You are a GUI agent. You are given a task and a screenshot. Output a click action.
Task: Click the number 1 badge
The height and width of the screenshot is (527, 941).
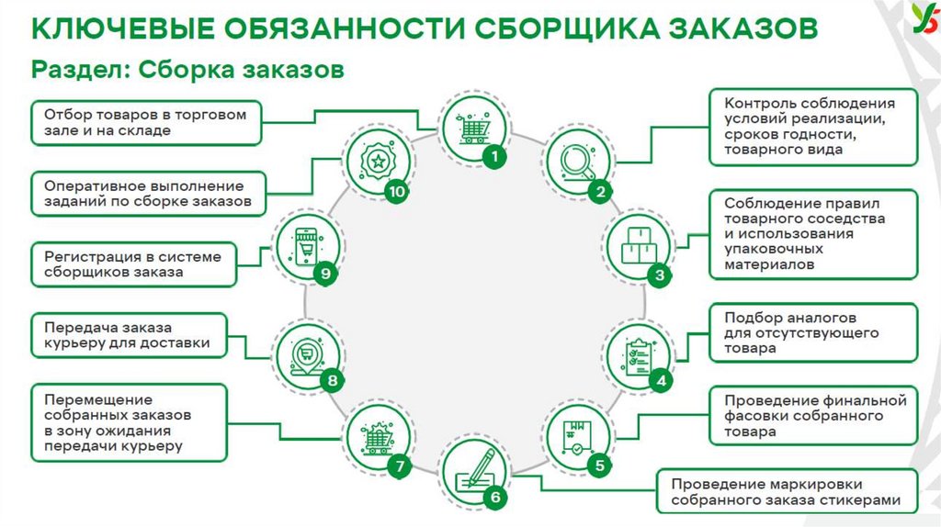(x=495, y=156)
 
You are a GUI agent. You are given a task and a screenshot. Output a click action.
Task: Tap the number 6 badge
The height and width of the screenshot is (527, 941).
(x=494, y=499)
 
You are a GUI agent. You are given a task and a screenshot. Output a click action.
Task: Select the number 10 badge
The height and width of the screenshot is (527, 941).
(x=396, y=192)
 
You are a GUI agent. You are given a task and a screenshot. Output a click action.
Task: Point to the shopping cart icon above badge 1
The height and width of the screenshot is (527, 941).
(x=471, y=129)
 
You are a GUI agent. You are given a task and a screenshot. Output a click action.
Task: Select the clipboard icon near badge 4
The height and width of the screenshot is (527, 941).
(x=639, y=353)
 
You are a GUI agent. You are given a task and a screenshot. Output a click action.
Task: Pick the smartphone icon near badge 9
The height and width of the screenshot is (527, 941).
(x=307, y=247)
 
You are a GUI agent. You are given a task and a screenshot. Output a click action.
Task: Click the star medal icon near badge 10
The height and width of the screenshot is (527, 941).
(x=376, y=163)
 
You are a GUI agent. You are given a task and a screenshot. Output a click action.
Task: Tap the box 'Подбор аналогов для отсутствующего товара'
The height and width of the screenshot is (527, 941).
(x=814, y=332)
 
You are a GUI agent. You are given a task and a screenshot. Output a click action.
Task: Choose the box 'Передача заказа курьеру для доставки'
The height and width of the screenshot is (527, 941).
(x=128, y=335)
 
